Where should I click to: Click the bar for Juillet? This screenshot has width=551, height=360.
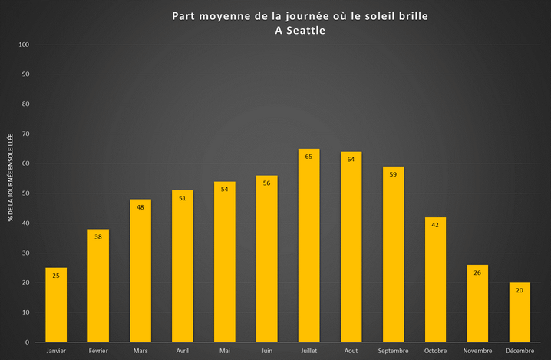click(x=308, y=246)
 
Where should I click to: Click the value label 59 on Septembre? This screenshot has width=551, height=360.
click(x=393, y=174)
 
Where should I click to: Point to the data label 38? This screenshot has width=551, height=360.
click(x=98, y=237)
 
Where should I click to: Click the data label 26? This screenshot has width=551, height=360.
click(x=477, y=272)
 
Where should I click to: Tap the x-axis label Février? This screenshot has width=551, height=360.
click(x=98, y=350)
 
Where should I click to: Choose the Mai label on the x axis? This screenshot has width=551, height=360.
click(x=225, y=350)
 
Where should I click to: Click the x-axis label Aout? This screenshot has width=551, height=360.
click(x=351, y=350)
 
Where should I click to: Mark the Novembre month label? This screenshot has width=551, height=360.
click(x=477, y=350)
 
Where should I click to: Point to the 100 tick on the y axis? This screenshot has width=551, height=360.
click(x=24, y=45)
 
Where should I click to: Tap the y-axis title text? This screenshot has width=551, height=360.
click(x=11, y=177)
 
